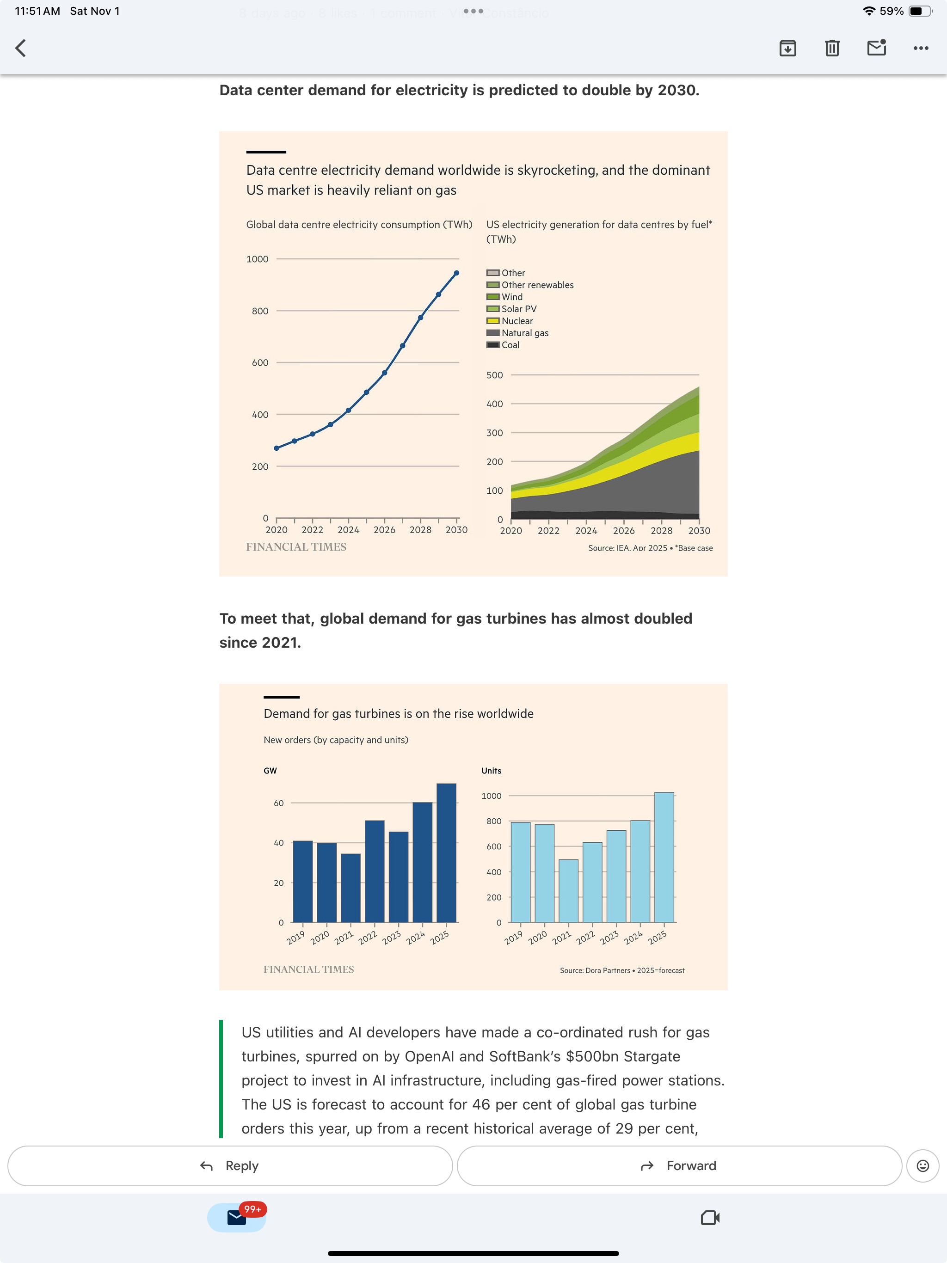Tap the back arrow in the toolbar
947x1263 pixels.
click(20, 48)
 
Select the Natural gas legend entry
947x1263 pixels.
click(524, 333)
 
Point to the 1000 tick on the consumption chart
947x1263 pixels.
click(257, 259)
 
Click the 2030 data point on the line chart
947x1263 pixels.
click(456, 273)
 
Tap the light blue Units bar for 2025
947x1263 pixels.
click(664, 857)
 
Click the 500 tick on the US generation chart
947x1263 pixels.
click(495, 375)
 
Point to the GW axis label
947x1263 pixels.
click(270, 771)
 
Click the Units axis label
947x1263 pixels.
click(491, 771)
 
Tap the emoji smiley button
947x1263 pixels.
click(922, 1166)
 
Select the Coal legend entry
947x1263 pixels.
click(510, 345)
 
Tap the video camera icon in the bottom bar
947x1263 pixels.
click(710, 1218)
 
